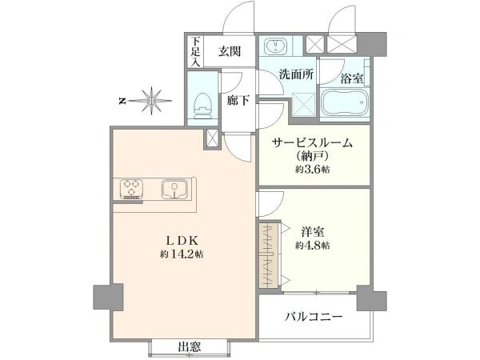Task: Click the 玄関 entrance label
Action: click(230, 51)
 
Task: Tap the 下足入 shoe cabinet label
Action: click(195, 51)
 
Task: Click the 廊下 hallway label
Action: click(238, 100)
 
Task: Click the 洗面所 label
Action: click(296, 74)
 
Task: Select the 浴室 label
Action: click(352, 79)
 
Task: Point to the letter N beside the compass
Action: click(122, 101)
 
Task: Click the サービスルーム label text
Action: click(312, 142)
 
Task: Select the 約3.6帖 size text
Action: click(312, 169)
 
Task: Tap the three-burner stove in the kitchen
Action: click(132, 188)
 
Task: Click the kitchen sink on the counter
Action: click(174, 189)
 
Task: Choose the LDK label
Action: click(182, 240)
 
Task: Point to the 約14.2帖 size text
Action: click(182, 254)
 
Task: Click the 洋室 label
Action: click(312, 232)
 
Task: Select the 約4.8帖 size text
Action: click(312, 246)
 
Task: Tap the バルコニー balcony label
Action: click(314, 316)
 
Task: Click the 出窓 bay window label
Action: click(190, 347)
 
